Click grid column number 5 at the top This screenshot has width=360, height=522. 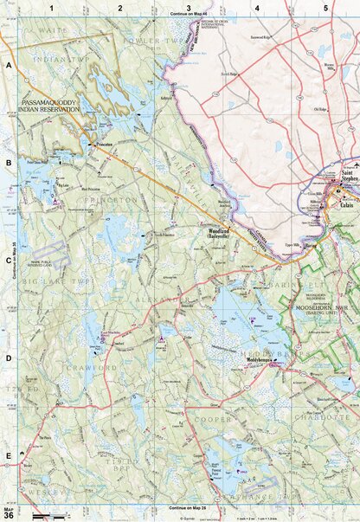(325, 8)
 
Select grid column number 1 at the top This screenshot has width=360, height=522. (53, 8)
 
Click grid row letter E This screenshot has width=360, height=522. (9, 454)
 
